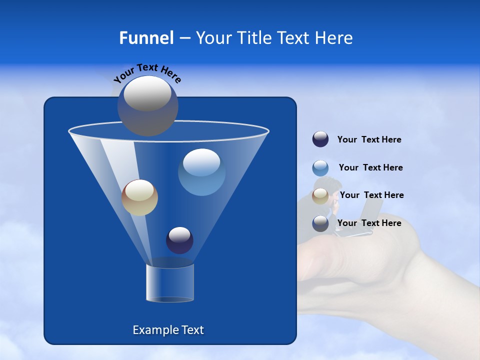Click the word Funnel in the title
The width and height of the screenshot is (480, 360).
tap(146, 38)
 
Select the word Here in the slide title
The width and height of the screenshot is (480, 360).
tap(334, 38)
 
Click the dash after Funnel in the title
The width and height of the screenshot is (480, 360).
tap(184, 38)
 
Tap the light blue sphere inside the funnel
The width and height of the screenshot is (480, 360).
tap(201, 171)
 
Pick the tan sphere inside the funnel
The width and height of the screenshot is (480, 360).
tap(139, 197)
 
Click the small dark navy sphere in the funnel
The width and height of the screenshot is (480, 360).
tap(179, 240)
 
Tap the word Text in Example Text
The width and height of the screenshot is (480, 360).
tap(192, 330)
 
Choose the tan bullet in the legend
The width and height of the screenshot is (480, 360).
tap(320, 196)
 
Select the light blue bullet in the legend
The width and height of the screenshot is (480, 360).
tap(320, 168)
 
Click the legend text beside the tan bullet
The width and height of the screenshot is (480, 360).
tap(371, 195)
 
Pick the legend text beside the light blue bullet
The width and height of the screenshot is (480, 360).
tap(370, 167)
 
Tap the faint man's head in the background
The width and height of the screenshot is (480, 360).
tap(331, 186)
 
